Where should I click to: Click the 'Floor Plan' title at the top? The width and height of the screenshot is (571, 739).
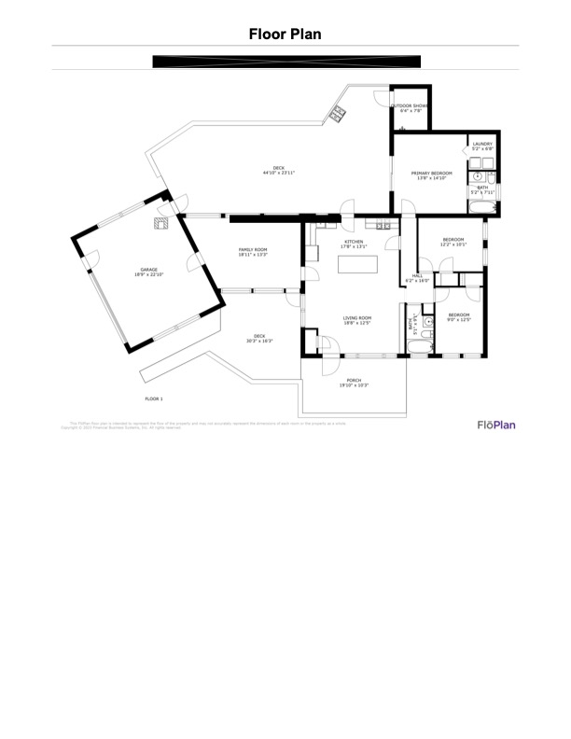[x=285, y=35]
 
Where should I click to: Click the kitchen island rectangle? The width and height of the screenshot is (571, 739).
[x=355, y=266]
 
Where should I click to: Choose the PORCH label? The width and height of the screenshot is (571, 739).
[x=354, y=380]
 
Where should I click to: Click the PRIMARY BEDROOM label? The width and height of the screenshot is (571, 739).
[x=432, y=173]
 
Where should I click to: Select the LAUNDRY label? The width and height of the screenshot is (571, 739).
[x=481, y=145]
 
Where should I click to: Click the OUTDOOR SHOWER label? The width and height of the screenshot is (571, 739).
[x=409, y=105]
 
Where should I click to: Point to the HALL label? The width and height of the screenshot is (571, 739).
[x=417, y=276]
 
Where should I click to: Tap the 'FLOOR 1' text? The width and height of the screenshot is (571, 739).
[x=154, y=398]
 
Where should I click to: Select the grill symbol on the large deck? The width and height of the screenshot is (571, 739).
[x=335, y=115]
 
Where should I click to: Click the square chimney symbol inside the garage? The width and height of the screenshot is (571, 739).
[x=161, y=223]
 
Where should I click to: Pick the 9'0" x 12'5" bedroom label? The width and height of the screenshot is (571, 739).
[x=459, y=320]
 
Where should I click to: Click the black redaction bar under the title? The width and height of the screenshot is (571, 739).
[x=286, y=62]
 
